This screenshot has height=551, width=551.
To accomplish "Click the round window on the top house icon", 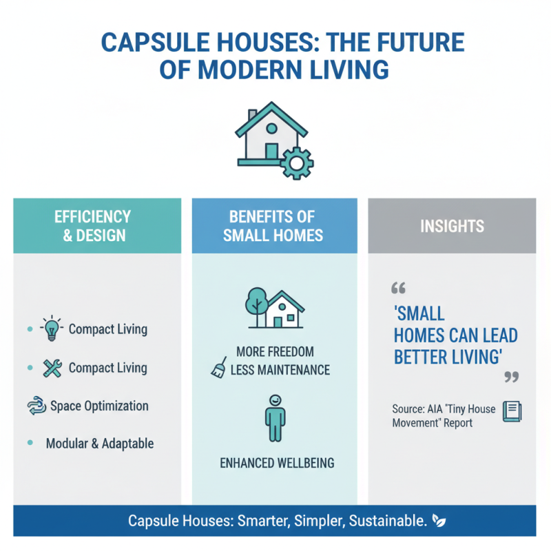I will (271, 129).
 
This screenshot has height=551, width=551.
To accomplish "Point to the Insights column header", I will (452, 226).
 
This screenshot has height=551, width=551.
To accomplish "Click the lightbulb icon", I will (52, 329).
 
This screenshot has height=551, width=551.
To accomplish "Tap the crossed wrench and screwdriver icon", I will (52, 368).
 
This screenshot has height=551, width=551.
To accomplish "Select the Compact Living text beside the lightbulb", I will (108, 329).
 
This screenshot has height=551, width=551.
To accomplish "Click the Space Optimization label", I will (99, 405).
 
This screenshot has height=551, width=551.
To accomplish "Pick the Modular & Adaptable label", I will (100, 443).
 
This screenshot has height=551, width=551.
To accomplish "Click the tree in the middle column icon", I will (256, 303).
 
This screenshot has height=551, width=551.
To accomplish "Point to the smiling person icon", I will (275, 417).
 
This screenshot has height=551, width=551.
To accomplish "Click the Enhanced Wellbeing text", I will (277, 462).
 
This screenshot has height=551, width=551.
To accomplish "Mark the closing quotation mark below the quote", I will (511, 377).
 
